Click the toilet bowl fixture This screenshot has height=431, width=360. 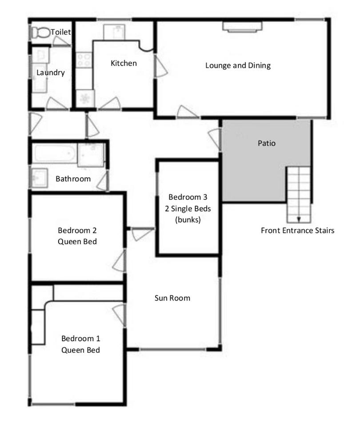point(40,33)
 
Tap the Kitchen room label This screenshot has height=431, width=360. point(124,63)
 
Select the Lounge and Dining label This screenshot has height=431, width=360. point(238,65)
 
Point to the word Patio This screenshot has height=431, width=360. point(266,143)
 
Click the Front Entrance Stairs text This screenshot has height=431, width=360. point(297,230)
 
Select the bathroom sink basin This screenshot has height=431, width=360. point(40,178)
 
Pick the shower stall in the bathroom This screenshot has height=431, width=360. point(91,155)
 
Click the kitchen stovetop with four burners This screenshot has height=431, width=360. point(84,60)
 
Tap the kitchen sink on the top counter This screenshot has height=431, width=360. point(114,32)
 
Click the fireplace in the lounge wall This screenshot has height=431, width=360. point(242,27)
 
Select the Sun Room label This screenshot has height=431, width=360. point(172,298)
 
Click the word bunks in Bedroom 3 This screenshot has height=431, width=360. point(188,220)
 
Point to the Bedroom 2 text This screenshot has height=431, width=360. point(77,230)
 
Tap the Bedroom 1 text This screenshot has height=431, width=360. point(81,338)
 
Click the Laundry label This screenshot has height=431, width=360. point(51,73)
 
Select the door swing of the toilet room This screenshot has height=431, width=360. point(61,41)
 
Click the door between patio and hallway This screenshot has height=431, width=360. point(215,139)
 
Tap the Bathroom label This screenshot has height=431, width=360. point(73,179)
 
